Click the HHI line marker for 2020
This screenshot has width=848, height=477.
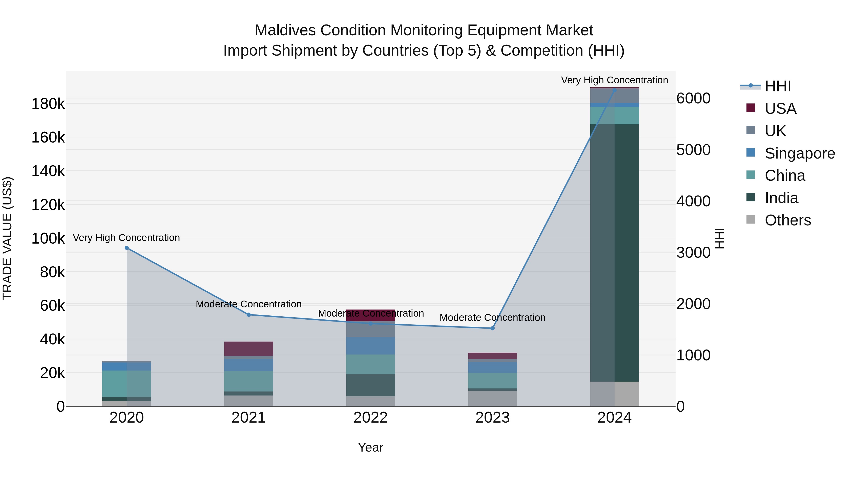(x=127, y=248)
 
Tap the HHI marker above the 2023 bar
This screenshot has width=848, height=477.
(x=493, y=328)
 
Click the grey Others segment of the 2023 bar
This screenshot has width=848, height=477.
(x=493, y=398)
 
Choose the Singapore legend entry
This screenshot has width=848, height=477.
(x=800, y=153)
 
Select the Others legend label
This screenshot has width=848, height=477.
(x=788, y=220)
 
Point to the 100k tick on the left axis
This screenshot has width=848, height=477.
(x=48, y=238)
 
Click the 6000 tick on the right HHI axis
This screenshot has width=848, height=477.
(x=693, y=98)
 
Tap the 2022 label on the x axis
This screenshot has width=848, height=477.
(x=371, y=418)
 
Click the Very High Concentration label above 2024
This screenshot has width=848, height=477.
(x=614, y=80)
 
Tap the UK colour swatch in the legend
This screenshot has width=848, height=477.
(x=750, y=130)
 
